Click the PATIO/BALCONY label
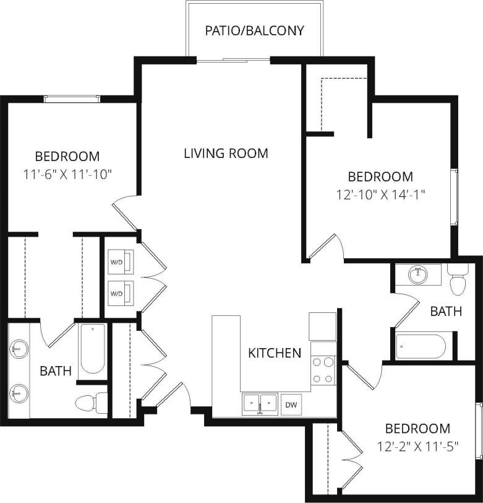[x=255, y=30]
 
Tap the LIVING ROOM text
[x=226, y=153]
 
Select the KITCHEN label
[x=275, y=353]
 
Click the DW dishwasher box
[x=290, y=405]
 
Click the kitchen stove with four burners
[x=322, y=370]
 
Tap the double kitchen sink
[x=260, y=404]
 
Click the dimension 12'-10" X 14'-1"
[x=380, y=194]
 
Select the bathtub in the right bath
[x=421, y=347]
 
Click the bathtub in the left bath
[x=92, y=349]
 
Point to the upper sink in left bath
[x=17, y=349]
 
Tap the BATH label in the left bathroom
[x=56, y=371]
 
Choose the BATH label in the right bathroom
[x=446, y=311]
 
